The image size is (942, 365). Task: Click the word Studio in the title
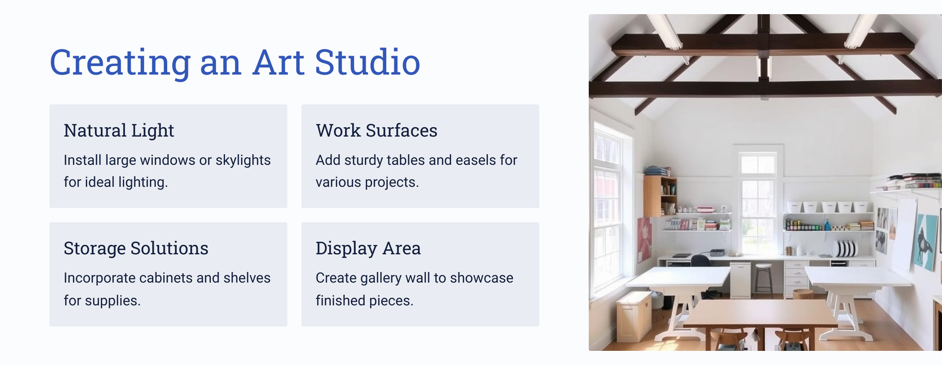[367, 62]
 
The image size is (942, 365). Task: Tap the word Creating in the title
[120, 63]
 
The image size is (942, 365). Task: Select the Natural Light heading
[118, 130]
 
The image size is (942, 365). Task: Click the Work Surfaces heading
[376, 130]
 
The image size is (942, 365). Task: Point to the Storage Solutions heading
[136, 248]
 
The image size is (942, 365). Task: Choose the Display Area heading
[368, 248]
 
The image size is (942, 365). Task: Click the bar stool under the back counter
[763, 279]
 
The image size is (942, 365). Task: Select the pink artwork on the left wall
[644, 240]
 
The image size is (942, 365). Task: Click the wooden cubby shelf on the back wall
[660, 196]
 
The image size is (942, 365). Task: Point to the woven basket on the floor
[803, 294]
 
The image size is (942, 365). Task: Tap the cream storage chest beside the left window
[634, 316]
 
